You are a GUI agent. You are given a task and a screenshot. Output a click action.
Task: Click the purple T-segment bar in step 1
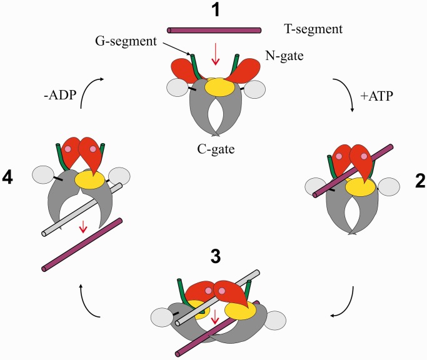(x=214, y=29)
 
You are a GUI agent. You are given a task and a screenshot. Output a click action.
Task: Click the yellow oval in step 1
(x=218, y=86)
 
